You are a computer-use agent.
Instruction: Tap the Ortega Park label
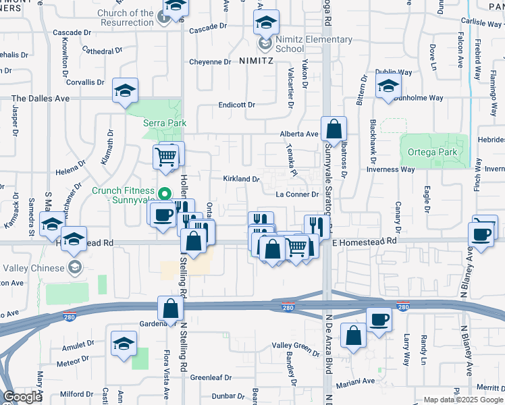[433, 153]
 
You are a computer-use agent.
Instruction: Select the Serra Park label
[164, 124]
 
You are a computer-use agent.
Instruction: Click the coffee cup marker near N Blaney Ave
[482, 234]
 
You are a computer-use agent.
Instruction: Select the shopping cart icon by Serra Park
[166, 157]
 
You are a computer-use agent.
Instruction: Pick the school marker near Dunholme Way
[388, 86]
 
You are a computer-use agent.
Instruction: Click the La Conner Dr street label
[297, 194]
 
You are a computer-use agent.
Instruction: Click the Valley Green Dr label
[295, 346]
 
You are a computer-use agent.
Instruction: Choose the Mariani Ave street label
[358, 381]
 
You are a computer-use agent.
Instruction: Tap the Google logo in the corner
[22, 397]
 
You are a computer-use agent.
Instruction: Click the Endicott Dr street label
[236, 105]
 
